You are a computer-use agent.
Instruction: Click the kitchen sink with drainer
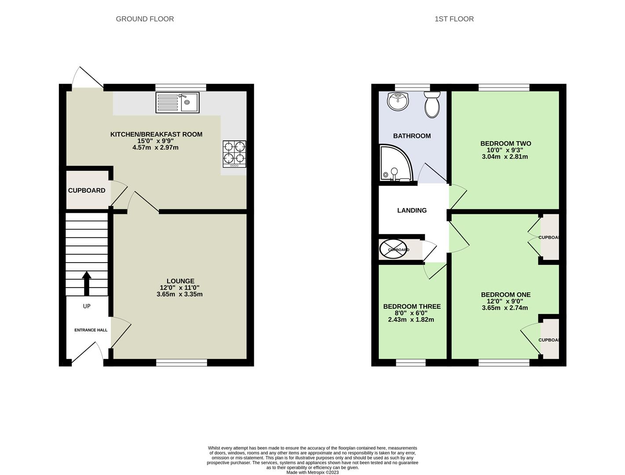(x=177, y=102)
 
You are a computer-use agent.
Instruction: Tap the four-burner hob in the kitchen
(x=234, y=153)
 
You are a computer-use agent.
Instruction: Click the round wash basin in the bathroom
(x=398, y=102)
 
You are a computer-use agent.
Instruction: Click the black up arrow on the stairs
(x=87, y=283)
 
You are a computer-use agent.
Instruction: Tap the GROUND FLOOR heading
(x=145, y=19)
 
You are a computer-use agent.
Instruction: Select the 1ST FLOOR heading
(x=454, y=19)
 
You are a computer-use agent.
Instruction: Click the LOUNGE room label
(x=180, y=281)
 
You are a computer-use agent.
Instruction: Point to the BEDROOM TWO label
(x=505, y=143)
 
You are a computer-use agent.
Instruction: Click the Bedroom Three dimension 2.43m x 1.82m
(x=411, y=320)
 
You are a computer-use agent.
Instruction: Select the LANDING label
(x=412, y=210)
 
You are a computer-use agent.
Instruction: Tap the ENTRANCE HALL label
(x=91, y=330)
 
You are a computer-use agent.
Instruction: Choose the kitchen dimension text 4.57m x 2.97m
(x=156, y=147)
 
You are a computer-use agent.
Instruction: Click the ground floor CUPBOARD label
(x=87, y=190)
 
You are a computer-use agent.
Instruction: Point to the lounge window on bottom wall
(x=181, y=363)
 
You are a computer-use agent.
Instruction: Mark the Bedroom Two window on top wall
(x=504, y=87)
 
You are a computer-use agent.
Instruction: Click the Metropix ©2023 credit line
(x=312, y=472)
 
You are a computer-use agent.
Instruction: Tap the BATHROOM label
(x=412, y=136)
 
